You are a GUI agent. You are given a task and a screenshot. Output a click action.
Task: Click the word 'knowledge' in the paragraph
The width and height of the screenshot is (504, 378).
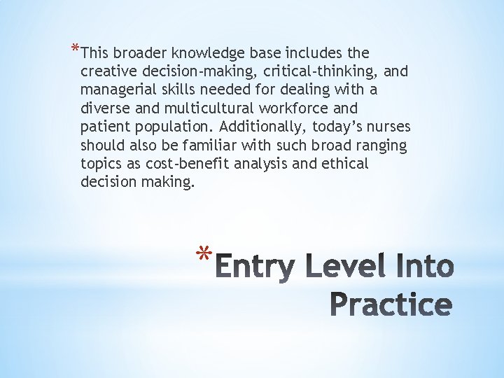(x=202, y=53)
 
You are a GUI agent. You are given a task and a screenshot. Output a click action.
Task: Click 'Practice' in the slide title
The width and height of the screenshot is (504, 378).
(x=390, y=304)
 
